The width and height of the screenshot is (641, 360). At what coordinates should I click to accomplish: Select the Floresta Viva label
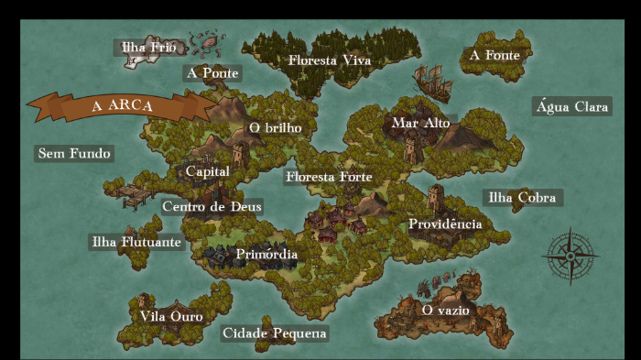329,60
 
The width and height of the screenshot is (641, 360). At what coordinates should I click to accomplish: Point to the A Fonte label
494,55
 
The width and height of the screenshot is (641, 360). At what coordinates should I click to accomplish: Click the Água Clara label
572,106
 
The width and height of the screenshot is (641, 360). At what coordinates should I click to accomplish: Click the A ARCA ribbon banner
123,105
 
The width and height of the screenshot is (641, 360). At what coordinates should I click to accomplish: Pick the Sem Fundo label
73,153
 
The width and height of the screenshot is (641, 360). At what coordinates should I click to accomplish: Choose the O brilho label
275,127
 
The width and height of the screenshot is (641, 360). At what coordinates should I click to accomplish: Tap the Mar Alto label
420,122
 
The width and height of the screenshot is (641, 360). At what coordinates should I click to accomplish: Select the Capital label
207,171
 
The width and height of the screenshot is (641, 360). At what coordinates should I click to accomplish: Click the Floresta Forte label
329,176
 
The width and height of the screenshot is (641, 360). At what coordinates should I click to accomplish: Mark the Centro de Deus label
212,206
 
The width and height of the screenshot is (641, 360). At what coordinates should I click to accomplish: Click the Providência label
445,224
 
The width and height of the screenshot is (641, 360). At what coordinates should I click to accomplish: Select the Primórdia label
266,254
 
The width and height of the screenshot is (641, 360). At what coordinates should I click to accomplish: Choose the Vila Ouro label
171,316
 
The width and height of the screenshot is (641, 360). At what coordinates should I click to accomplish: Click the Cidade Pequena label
274,333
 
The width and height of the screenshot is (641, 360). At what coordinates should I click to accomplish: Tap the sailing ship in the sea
433,83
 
